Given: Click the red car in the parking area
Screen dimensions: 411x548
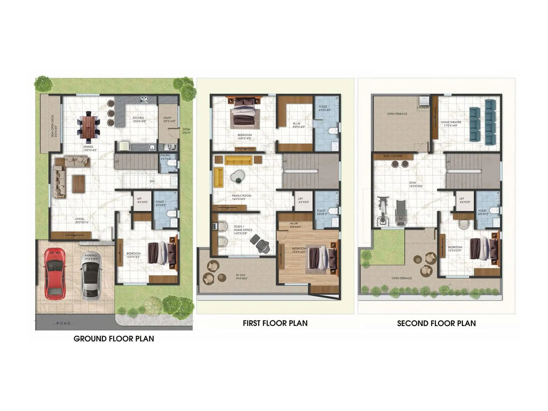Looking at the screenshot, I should [x=54, y=273].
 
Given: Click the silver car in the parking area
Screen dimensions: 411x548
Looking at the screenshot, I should [x=91, y=277].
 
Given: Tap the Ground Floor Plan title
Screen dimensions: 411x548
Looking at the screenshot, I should [x=114, y=339].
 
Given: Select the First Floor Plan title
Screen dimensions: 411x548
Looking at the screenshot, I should [x=275, y=323].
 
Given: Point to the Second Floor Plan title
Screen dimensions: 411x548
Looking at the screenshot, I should [x=436, y=323].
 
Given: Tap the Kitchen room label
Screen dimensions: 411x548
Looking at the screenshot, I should [x=139, y=119].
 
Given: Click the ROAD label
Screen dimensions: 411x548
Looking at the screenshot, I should [x=64, y=323].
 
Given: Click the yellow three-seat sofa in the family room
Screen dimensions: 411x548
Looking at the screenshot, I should [x=238, y=160].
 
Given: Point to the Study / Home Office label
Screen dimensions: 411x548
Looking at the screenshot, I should [x=242, y=230].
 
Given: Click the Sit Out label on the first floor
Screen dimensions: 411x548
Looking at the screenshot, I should [x=241, y=277].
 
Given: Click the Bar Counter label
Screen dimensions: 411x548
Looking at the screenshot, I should [x=393, y=156].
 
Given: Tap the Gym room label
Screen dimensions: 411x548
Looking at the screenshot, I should [x=415, y=184].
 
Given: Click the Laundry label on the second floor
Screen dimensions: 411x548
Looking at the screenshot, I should [x=423, y=108].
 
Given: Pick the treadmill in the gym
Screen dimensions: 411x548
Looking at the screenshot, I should [x=400, y=212].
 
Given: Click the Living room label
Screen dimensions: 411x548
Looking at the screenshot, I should [x=82, y=221].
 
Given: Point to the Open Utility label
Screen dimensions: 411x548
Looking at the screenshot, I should [x=186, y=131].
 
